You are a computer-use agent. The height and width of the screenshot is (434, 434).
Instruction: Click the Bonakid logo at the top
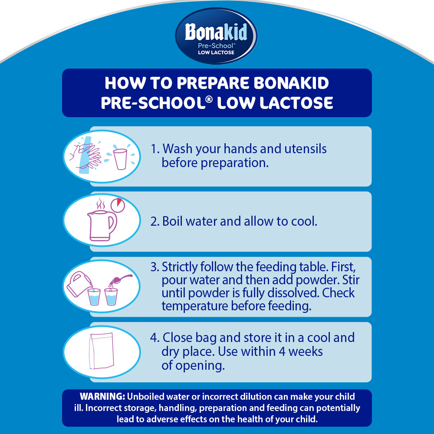coord(216,36)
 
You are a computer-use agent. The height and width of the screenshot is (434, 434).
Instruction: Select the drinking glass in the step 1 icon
coord(120,159)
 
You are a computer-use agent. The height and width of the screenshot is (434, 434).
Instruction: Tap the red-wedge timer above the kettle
coord(118,205)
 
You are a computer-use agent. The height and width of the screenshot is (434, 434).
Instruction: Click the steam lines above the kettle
coord(101,204)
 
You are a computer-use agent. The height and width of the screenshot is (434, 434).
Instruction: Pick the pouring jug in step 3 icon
coord(79,284)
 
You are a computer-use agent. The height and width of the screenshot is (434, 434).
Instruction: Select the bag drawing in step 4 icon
coord(102,351)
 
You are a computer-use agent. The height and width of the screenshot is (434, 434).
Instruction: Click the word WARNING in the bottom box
coord(103,396)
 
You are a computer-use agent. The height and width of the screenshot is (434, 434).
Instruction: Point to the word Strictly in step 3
coord(179,267)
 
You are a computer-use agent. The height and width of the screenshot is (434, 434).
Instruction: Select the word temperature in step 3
coord(195,306)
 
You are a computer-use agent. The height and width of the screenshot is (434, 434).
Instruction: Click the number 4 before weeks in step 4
coord(282,352)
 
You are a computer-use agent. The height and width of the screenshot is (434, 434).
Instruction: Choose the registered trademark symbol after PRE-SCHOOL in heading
coord(209,99)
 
